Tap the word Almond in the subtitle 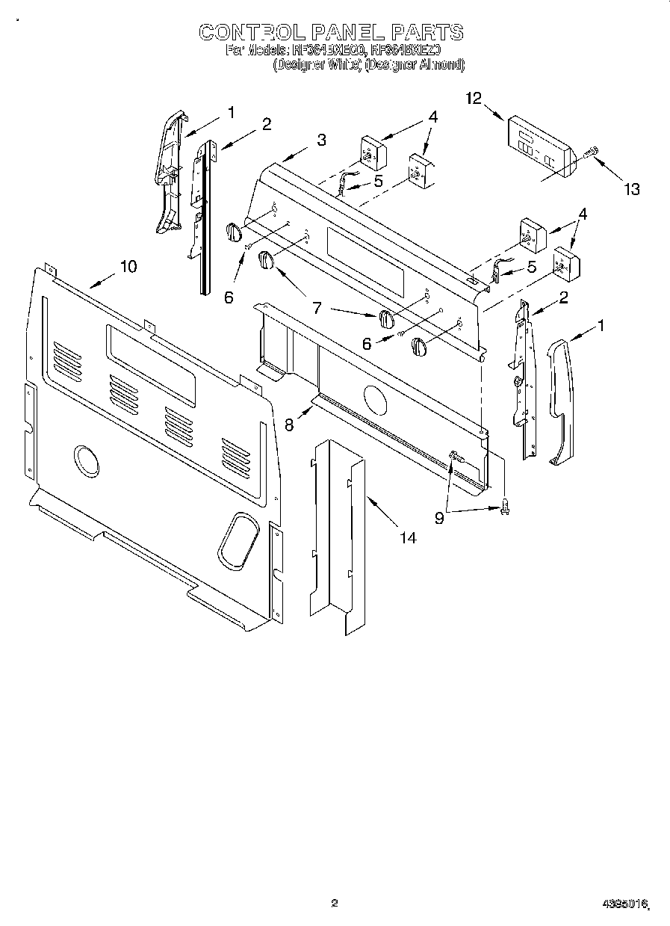point(438,65)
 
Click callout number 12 point(474,99)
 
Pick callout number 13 point(632,189)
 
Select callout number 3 point(320,139)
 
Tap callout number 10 point(128,266)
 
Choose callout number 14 point(407,536)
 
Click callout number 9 point(439,516)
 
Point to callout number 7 point(317,306)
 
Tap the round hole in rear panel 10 point(87,460)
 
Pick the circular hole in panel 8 point(374,399)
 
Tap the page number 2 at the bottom point(335,904)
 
